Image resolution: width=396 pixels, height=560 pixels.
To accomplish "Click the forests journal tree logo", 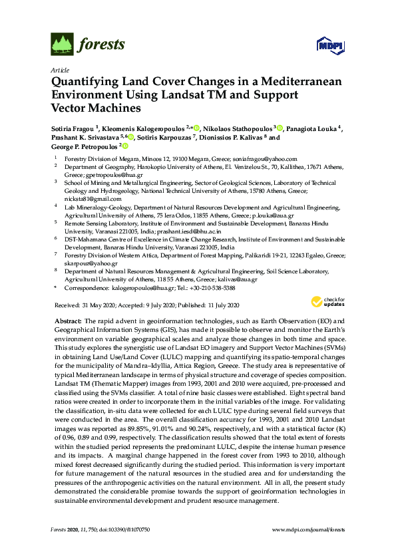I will point(61,45).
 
